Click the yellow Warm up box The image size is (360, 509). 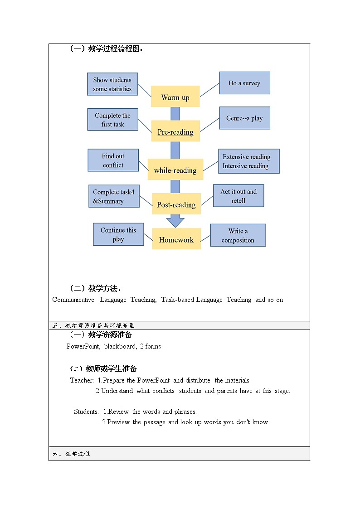(x=175, y=97)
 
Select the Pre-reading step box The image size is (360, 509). (x=175, y=131)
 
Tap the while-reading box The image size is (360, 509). (x=175, y=170)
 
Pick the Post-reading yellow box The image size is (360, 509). (x=176, y=204)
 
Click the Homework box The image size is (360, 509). (x=176, y=239)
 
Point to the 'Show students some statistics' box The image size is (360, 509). (x=112, y=84)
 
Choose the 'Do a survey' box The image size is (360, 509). (x=244, y=83)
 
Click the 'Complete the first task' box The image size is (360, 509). (x=112, y=120)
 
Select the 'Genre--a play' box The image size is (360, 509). (x=244, y=118)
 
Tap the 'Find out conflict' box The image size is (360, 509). (x=113, y=160)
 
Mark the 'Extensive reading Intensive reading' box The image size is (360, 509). (x=248, y=161)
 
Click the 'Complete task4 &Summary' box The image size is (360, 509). (x=114, y=196)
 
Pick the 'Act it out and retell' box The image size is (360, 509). (x=238, y=196)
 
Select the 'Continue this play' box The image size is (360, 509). (x=118, y=234)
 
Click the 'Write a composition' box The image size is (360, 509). (x=238, y=235)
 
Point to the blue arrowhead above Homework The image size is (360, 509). (x=175, y=222)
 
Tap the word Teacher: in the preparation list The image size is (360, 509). (x=82, y=380)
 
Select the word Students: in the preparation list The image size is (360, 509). (x=87, y=412)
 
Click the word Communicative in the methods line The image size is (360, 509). (x=73, y=300)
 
